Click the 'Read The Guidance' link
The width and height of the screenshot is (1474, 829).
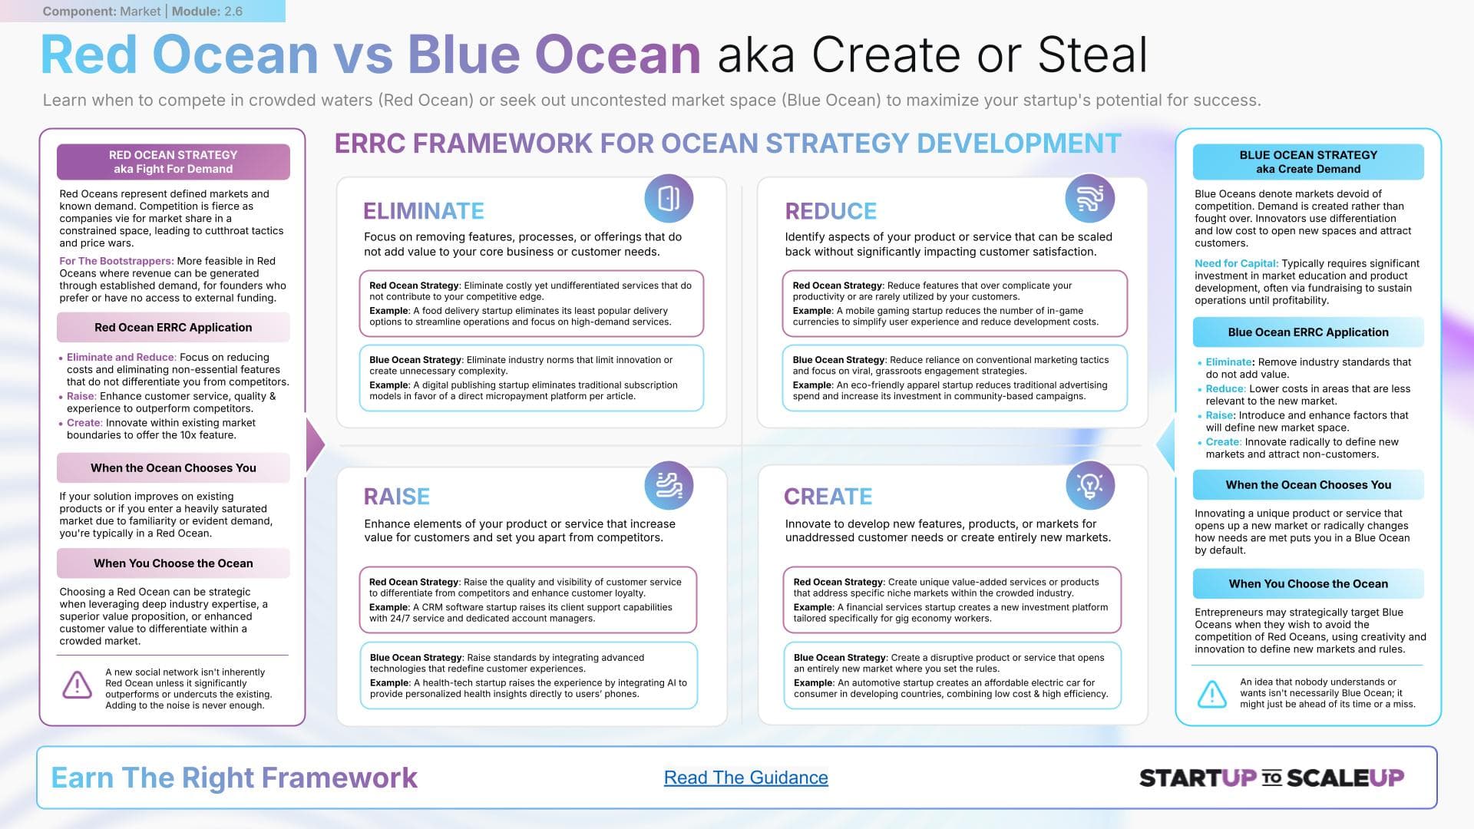[745, 778]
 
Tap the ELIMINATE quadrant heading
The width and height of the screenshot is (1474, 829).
[424, 211]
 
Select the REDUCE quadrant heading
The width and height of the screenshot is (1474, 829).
[831, 211]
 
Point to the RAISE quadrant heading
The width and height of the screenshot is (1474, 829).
[397, 497]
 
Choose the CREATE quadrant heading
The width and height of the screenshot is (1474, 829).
[828, 497]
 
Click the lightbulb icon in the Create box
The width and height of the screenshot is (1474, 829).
[1090, 485]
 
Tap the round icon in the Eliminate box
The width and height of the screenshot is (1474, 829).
[669, 198]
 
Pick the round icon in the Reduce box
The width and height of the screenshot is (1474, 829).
[1090, 198]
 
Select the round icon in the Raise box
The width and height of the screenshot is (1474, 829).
[669, 485]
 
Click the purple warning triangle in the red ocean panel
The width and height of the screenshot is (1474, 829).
[77, 685]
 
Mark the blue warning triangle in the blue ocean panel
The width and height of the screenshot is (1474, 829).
[1212, 694]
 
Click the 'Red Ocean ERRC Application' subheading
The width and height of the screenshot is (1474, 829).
[174, 327]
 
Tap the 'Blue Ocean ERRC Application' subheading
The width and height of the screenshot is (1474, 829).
[1308, 332]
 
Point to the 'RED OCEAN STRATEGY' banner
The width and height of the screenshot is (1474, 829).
[174, 162]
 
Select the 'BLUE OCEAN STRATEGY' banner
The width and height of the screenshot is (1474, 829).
[1308, 162]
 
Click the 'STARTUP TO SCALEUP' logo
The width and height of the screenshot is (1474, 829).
[1272, 778]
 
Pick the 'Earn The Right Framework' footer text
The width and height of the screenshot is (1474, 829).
[234, 778]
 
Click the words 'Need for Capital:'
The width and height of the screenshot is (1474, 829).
[1236, 263]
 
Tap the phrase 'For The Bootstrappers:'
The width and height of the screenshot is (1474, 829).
[117, 261]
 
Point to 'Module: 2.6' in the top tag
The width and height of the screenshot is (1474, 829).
[207, 12]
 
